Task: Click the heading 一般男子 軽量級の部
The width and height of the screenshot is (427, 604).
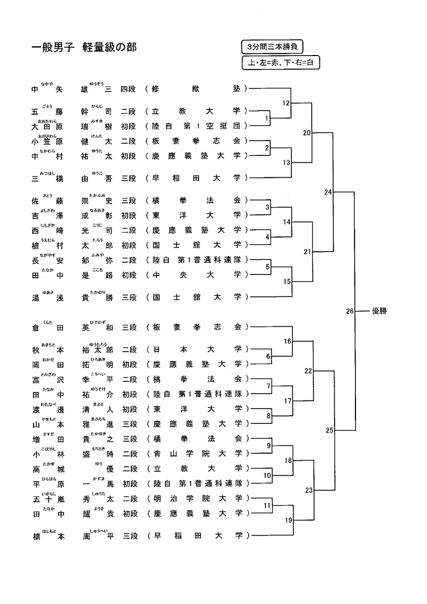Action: point(84,48)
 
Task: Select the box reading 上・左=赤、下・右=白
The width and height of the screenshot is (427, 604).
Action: point(281,62)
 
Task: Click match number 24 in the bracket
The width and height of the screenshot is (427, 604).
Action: point(328,191)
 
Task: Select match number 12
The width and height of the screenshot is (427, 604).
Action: point(286,103)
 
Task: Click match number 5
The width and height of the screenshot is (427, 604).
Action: point(268,266)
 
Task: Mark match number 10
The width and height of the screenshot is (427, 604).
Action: point(268,475)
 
